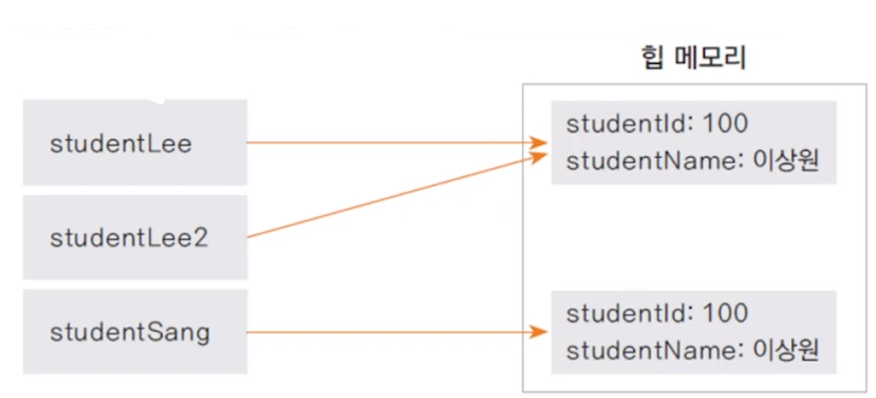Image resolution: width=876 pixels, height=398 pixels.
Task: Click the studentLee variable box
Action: [135, 143]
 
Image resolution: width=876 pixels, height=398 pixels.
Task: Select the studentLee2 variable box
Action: [135, 238]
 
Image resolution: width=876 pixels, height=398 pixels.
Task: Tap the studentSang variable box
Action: [135, 332]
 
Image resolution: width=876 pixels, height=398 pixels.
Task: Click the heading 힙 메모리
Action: [693, 59]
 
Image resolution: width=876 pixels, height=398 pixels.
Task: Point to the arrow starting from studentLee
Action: [392, 142]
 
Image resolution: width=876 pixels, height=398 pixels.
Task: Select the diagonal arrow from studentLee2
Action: [392, 197]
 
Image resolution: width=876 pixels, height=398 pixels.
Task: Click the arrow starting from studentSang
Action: [392, 332]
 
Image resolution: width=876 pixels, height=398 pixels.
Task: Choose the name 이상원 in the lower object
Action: [785, 351]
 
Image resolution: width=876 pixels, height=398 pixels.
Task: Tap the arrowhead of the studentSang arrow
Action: [540, 332]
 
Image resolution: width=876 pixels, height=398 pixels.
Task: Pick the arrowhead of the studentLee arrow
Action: [540, 142]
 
